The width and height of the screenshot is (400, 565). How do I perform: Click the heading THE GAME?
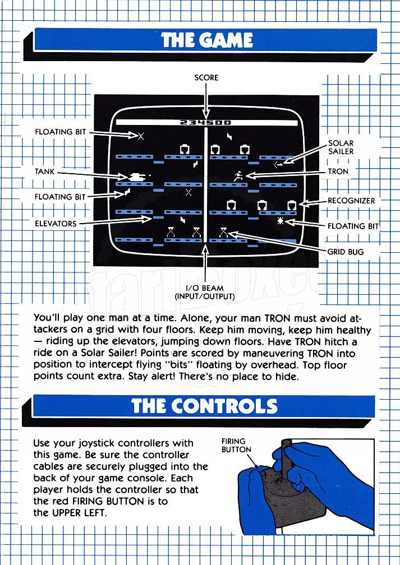pyautogui.click(x=207, y=40)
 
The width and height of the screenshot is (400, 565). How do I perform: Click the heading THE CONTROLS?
pyautogui.click(x=205, y=406)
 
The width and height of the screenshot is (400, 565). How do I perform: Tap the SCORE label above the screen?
pyautogui.click(x=206, y=77)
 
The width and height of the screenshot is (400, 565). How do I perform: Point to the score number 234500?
pyautogui.click(x=205, y=123)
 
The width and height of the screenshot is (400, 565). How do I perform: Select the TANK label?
pyautogui.click(x=45, y=172)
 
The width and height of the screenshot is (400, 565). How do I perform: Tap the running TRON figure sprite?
pyautogui.click(x=238, y=175)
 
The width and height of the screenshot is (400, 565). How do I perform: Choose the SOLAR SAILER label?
pyautogui.click(x=341, y=147)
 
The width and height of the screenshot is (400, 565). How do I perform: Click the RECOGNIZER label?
pyautogui.click(x=351, y=201)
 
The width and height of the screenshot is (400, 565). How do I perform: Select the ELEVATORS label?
pyautogui.click(x=56, y=224)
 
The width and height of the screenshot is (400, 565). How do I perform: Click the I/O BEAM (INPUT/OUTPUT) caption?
pyautogui.click(x=205, y=293)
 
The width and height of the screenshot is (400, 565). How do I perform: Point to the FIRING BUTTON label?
pyautogui.click(x=236, y=446)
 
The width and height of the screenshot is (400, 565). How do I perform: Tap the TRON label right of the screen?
pyautogui.click(x=338, y=172)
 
